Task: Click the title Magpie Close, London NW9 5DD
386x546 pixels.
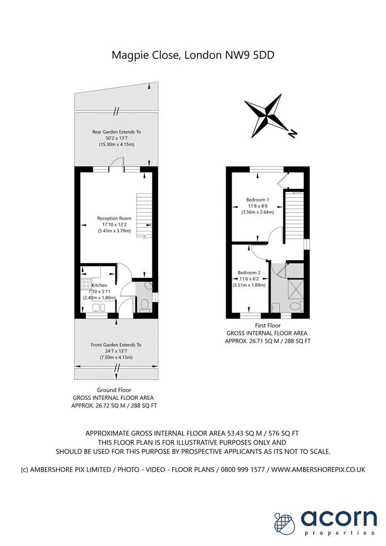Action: (x=193, y=55)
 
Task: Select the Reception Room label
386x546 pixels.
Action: (x=114, y=218)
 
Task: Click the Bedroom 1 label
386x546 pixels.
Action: (x=258, y=200)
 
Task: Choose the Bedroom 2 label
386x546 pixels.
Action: (x=249, y=272)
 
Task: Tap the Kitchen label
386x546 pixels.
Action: (x=99, y=285)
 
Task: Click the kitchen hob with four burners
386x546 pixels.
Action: (x=86, y=284)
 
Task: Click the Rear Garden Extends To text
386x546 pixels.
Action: (x=116, y=132)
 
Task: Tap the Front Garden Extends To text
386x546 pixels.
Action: (x=116, y=345)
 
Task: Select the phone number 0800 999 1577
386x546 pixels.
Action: (x=240, y=469)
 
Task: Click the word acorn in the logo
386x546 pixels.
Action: (x=339, y=518)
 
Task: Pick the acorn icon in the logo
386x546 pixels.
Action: (x=284, y=523)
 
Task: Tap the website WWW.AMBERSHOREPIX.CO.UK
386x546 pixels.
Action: (x=318, y=469)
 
